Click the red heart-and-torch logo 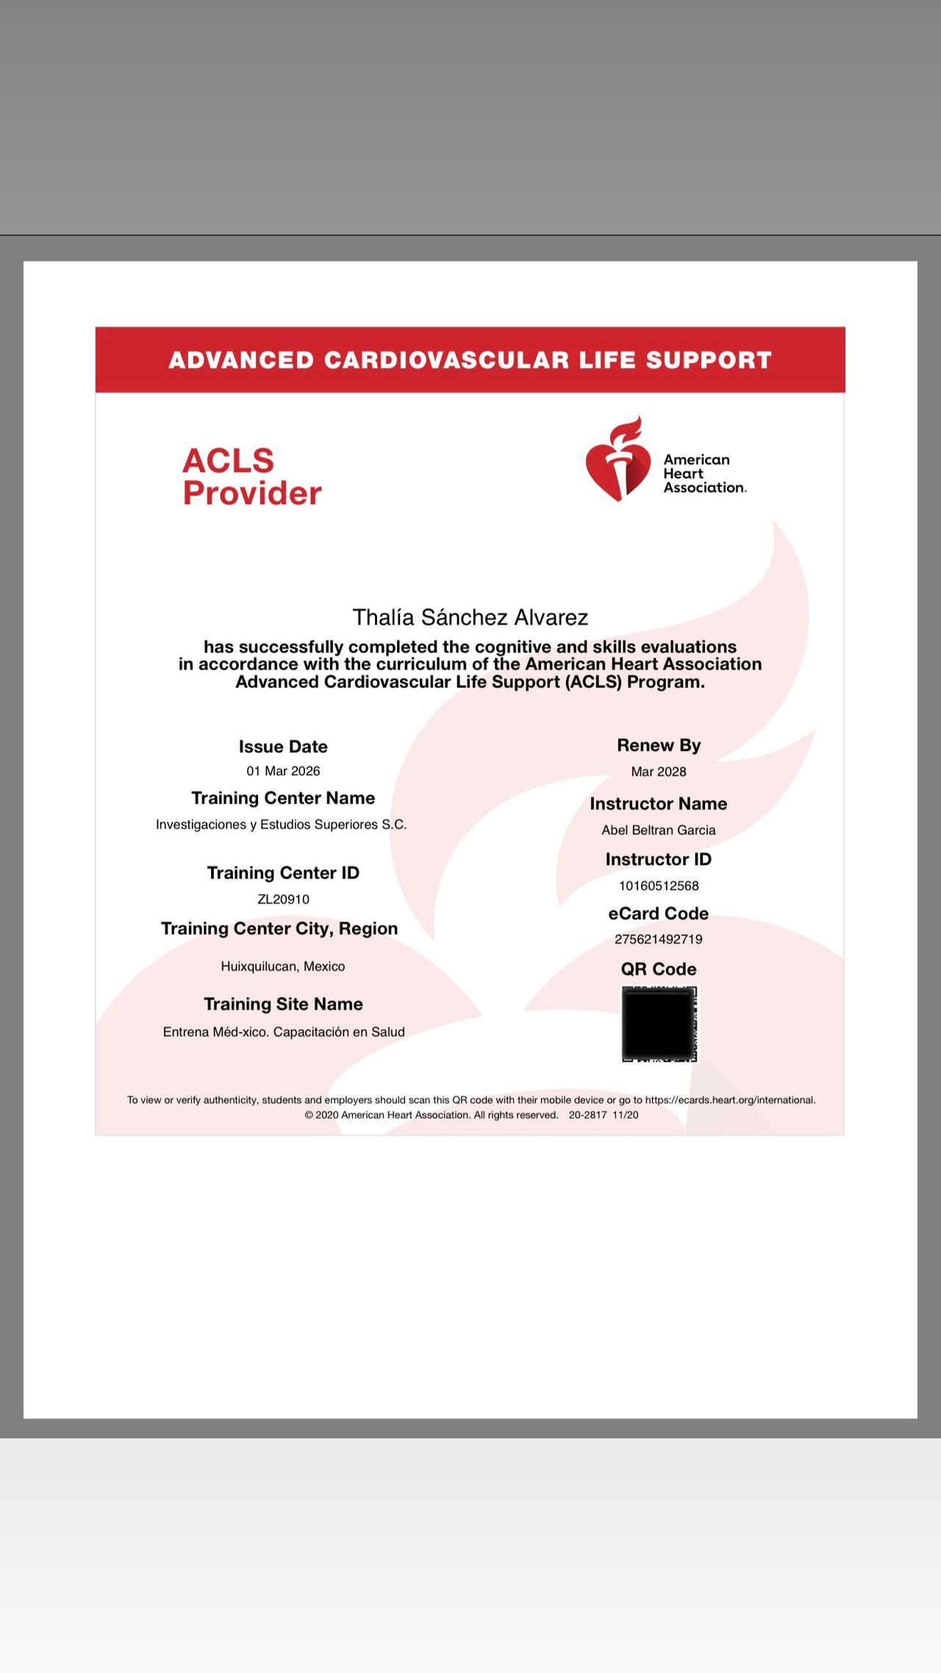click(x=618, y=461)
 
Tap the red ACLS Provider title click(x=251, y=477)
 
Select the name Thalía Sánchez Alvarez click(x=470, y=617)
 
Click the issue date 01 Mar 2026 click(x=283, y=771)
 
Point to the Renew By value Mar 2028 click(x=658, y=771)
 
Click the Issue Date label click(x=283, y=746)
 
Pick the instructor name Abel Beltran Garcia click(x=658, y=830)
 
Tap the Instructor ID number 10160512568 click(x=658, y=886)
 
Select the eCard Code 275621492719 click(x=658, y=939)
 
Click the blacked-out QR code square click(x=659, y=1024)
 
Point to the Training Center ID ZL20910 click(x=283, y=899)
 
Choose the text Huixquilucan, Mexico click(x=283, y=966)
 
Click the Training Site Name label click(x=283, y=1004)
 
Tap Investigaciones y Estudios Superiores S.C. click(x=281, y=824)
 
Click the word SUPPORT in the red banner click(x=709, y=360)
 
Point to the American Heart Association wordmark click(x=704, y=474)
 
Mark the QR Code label click(x=658, y=969)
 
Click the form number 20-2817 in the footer click(x=587, y=1115)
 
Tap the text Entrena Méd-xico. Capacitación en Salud click(x=284, y=1032)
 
